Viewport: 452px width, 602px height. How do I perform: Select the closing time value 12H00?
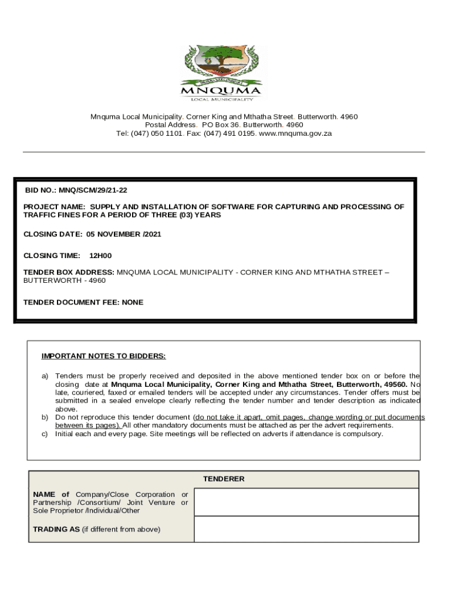[100, 256]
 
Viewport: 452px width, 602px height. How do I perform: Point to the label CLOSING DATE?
[53, 234]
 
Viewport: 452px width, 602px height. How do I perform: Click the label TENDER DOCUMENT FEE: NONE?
[83, 302]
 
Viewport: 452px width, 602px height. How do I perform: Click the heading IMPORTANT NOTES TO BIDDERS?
[103, 356]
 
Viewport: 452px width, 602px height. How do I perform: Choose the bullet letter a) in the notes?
[45, 376]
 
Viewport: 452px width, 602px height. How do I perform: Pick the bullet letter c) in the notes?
[44, 434]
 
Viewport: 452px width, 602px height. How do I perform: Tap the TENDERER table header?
[224, 479]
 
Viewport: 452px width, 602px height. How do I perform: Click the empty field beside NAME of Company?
[306, 502]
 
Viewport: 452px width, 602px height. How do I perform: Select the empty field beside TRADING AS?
[306, 529]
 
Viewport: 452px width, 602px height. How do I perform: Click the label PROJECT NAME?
[55, 207]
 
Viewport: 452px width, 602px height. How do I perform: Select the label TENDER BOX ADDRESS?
[69, 272]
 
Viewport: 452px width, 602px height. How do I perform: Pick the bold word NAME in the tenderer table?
[43, 494]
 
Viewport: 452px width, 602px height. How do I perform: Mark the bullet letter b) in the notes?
[45, 417]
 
